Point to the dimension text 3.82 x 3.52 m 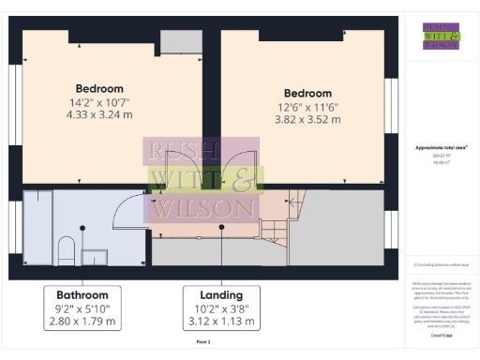click(x=308, y=120)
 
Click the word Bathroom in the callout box click(x=83, y=294)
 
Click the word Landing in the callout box click(x=221, y=294)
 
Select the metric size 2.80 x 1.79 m click(x=83, y=321)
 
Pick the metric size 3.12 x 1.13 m click(x=221, y=321)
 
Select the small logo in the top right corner click(x=441, y=36)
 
